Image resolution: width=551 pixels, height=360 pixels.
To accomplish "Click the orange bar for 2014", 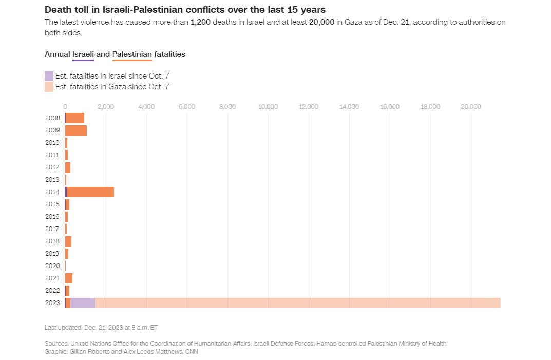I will click(x=90, y=192).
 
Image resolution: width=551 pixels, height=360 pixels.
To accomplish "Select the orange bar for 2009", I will click(x=76, y=130).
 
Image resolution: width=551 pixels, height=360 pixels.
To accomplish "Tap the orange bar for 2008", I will click(x=74, y=118).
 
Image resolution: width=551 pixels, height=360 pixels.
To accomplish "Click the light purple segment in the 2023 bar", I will click(x=83, y=303).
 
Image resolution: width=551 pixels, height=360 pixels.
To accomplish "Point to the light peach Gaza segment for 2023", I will click(x=298, y=303).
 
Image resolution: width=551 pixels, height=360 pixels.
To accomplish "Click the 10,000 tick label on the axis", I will click(x=268, y=107).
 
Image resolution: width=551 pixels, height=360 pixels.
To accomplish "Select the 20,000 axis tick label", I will click(x=471, y=107).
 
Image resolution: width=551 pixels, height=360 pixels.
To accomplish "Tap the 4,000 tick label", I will click(x=146, y=107).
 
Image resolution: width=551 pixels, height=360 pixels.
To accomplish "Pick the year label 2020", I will click(x=52, y=266).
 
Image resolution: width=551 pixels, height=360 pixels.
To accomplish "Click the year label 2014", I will click(x=52, y=192).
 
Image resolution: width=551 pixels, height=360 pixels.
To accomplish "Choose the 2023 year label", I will click(x=52, y=303).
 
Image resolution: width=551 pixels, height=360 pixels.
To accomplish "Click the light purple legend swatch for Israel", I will click(x=49, y=75).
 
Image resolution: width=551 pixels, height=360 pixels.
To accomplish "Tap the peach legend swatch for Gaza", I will click(x=49, y=87).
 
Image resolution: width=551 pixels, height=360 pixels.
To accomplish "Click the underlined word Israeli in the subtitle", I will click(x=83, y=54).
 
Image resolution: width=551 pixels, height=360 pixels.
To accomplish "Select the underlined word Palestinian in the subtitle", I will click(x=132, y=54).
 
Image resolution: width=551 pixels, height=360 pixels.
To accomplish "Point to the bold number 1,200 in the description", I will click(x=201, y=23).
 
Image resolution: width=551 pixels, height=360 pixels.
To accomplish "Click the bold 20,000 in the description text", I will click(x=322, y=23).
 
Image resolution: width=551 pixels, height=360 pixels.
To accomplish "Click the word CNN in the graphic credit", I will click(x=191, y=352).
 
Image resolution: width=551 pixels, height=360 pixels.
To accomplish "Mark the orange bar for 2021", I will click(x=69, y=278).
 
